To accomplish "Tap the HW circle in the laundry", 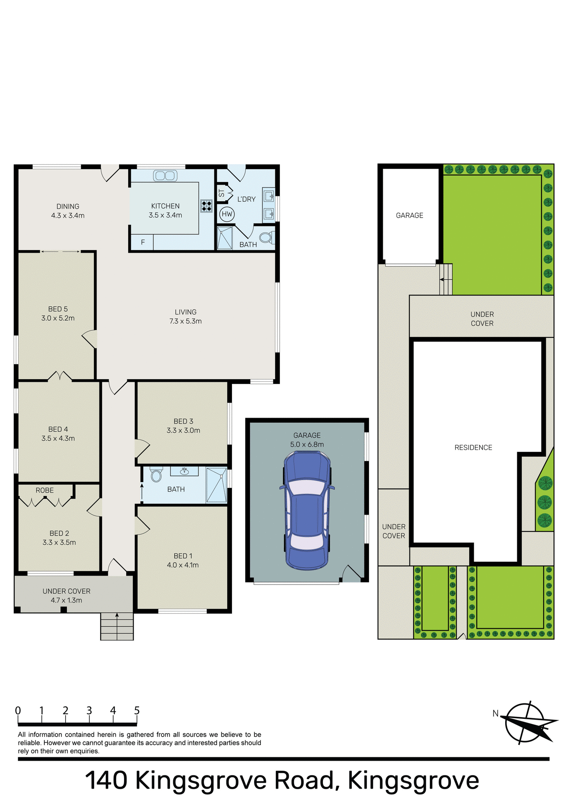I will pos(227,214).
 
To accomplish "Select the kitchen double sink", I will pos(165,175).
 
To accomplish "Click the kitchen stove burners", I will pos(206,205).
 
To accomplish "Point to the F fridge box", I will pos(142,242).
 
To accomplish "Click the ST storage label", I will pos(221,193).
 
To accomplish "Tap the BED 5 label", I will pos(58,309).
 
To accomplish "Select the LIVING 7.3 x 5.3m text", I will pos(186,317).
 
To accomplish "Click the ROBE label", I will pos(45,490).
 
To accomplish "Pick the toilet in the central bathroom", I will pos(156,475).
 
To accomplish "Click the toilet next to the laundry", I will pos(266,238).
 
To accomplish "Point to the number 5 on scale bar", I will pos(137,711).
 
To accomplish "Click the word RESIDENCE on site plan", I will pos(473,447).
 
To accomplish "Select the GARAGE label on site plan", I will pos(409,216).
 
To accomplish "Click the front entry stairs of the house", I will pos(117,626).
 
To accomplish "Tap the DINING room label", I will pos(68,206).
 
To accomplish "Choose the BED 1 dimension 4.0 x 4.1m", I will pos(183,565).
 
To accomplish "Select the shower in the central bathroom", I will pos(216,485).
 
